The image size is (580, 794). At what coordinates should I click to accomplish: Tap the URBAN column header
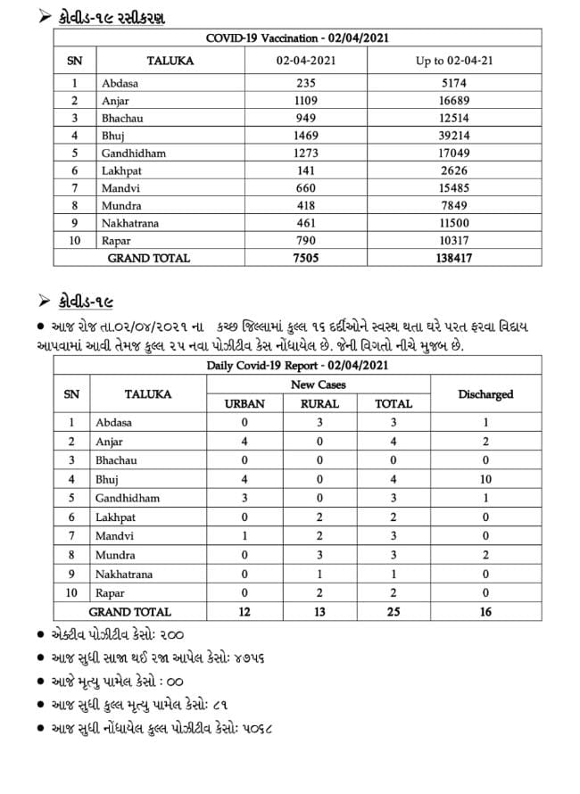click(244, 403)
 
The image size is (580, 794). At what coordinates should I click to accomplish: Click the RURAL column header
click(319, 403)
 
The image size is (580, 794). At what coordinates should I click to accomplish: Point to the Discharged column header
click(485, 393)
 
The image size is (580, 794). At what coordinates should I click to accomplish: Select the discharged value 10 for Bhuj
click(485, 479)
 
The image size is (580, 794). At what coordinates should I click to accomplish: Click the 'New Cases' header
click(319, 385)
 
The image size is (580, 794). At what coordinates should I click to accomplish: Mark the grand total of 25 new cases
click(394, 612)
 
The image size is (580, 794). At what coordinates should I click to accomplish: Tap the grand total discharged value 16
click(485, 612)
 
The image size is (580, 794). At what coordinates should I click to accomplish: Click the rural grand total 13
click(319, 612)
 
